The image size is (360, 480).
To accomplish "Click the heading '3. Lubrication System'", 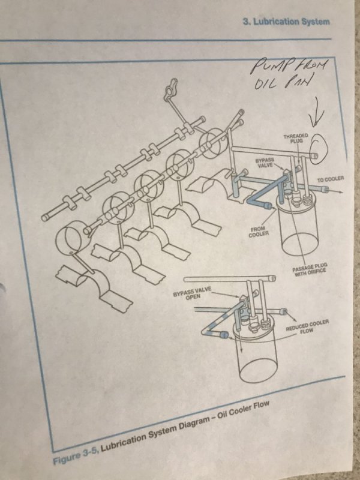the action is tap(287, 22).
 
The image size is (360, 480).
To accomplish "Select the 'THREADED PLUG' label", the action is tap(295, 138).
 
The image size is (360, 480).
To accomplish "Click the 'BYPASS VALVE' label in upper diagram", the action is tap(265, 163).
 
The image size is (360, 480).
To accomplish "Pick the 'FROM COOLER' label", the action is tap(259, 232).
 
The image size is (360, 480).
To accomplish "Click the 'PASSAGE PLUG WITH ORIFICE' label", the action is tap(310, 268).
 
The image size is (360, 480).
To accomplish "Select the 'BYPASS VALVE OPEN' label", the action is tap(192, 293).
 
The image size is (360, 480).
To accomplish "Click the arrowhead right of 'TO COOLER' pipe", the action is tap(340, 192).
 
